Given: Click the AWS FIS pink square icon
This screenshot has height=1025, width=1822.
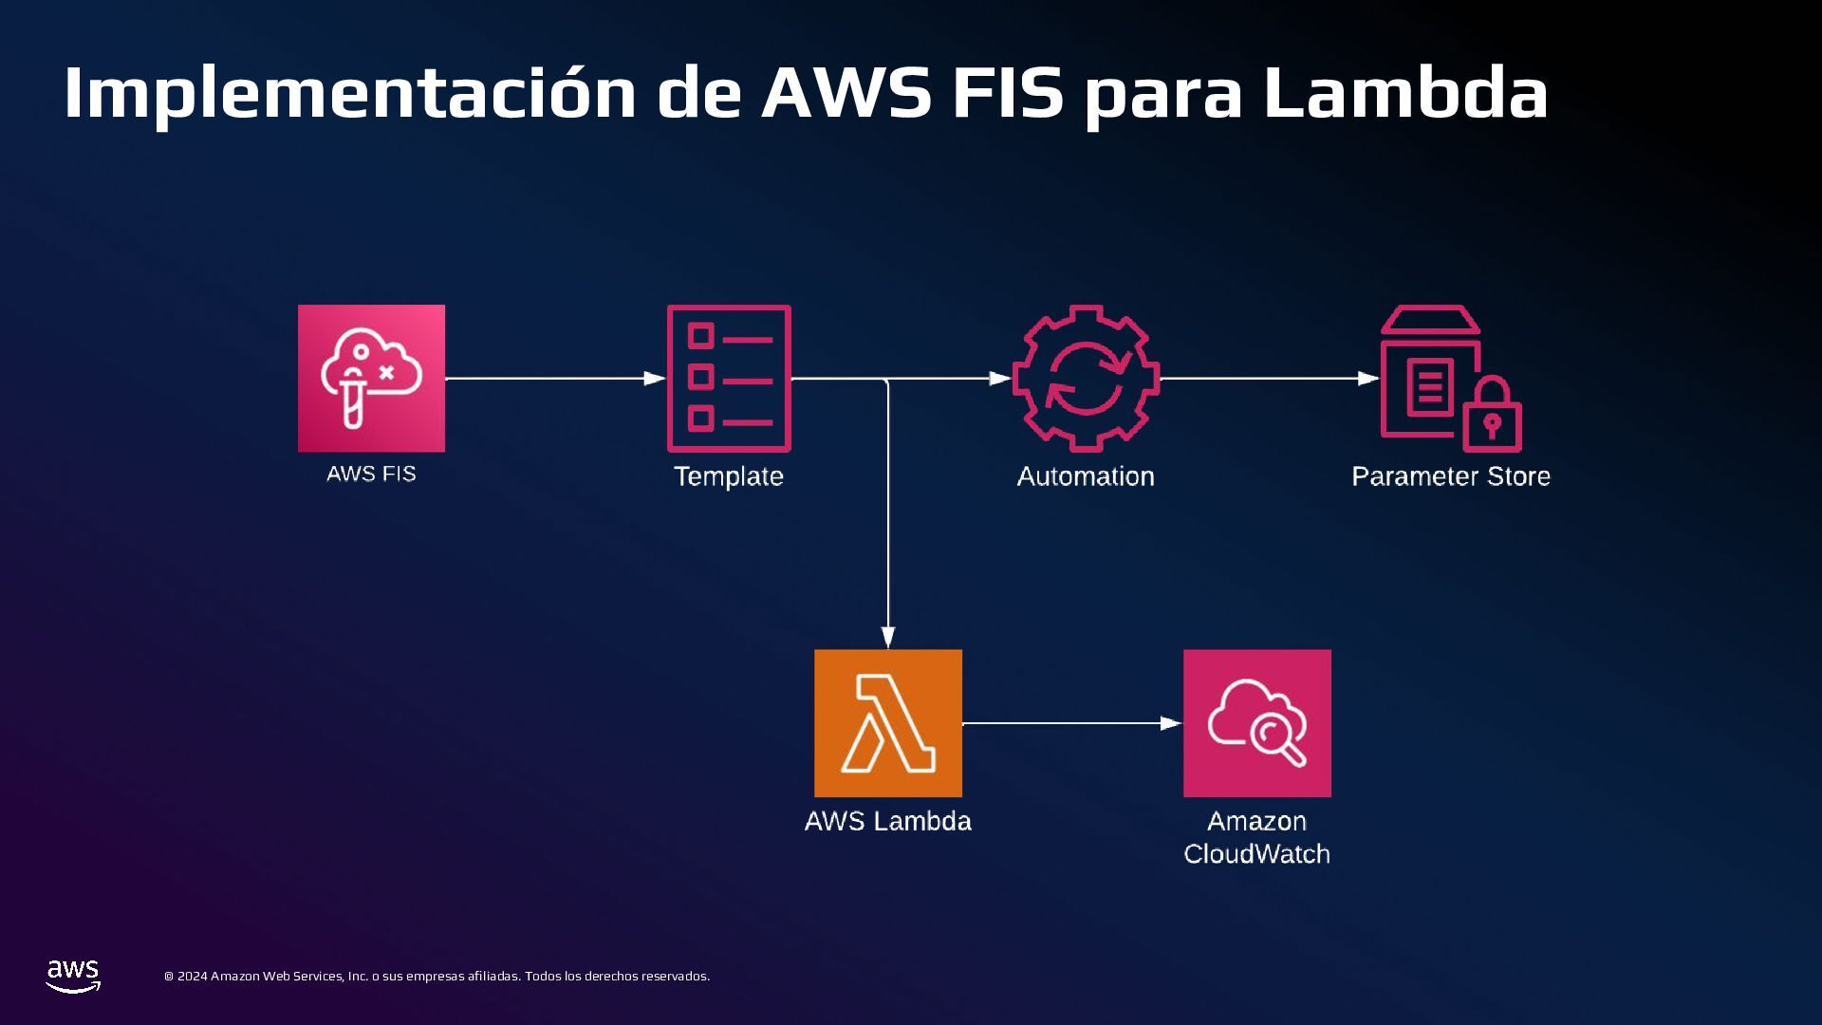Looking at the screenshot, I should (x=371, y=378).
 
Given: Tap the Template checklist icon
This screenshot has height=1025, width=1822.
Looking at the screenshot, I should (x=729, y=378).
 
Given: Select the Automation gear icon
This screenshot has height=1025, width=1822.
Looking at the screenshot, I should (x=1086, y=378).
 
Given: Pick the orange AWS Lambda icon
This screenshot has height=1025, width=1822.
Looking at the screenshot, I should (x=887, y=723).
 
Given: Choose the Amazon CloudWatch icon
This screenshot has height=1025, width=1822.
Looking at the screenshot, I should (x=1256, y=723).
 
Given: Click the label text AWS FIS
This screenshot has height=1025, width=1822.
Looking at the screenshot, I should (x=371, y=474).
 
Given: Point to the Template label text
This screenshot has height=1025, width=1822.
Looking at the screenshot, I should (x=729, y=476).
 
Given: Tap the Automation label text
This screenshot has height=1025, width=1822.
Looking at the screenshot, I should (x=1086, y=476).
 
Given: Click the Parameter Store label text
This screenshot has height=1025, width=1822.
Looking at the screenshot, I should (x=1451, y=476).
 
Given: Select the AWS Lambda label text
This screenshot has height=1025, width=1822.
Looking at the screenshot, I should (x=887, y=821).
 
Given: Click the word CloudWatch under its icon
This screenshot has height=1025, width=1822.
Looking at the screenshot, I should (x=1256, y=854).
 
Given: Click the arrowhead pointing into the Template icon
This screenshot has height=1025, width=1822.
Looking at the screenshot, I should (x=655, y=379).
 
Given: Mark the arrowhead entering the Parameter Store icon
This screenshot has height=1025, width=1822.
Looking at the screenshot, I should (x=1367, y=379).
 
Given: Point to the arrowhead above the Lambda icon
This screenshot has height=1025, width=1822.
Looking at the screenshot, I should (x=888, y=637).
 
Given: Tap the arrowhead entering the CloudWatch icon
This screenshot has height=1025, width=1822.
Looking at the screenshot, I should (x=1171, y=723).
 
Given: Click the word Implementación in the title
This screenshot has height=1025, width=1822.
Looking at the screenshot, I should (x=349, y=93).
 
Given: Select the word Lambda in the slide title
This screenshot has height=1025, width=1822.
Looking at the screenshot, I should (x=1405, y=93).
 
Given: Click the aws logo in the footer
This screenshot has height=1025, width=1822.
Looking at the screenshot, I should (x=73, y=976).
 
